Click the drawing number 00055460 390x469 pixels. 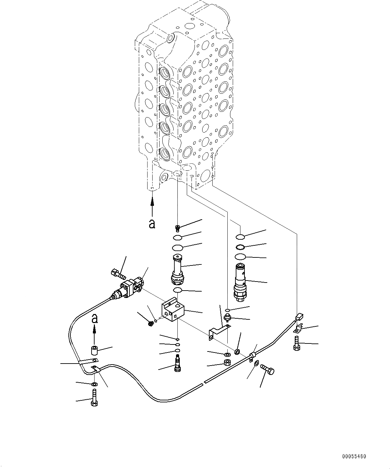(x=354, y=456)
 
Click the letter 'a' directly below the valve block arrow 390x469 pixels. (x=152, y=224)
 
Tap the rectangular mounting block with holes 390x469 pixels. (x=173, y=311)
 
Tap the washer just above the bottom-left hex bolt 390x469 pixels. (x=94, y=384)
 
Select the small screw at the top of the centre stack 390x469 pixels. (x=178, y=228)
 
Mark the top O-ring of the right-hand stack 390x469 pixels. (x=240, y=237)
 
